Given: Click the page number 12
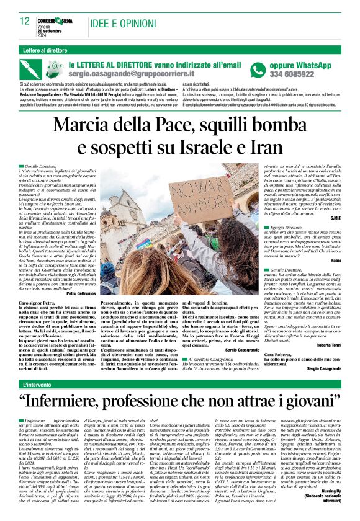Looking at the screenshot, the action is pyautogui.click(x=24, y=20).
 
